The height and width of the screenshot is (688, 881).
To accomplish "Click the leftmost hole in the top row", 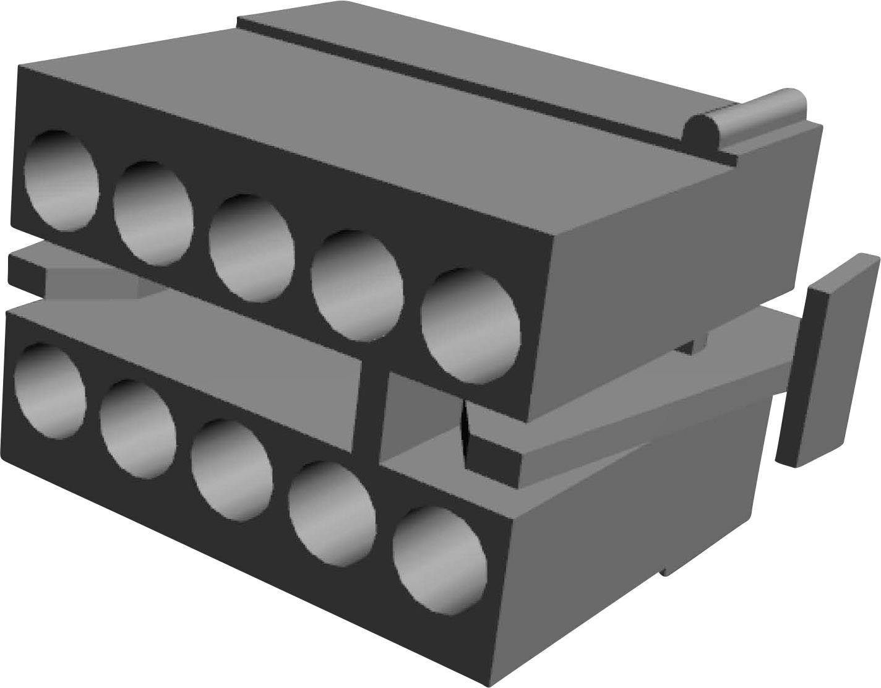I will (61, 180).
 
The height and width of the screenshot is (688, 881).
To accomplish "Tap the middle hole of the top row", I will (251, 248).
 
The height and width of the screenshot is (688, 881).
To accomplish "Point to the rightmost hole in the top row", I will (471, 325).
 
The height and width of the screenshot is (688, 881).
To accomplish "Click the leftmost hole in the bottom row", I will (49, 391).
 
